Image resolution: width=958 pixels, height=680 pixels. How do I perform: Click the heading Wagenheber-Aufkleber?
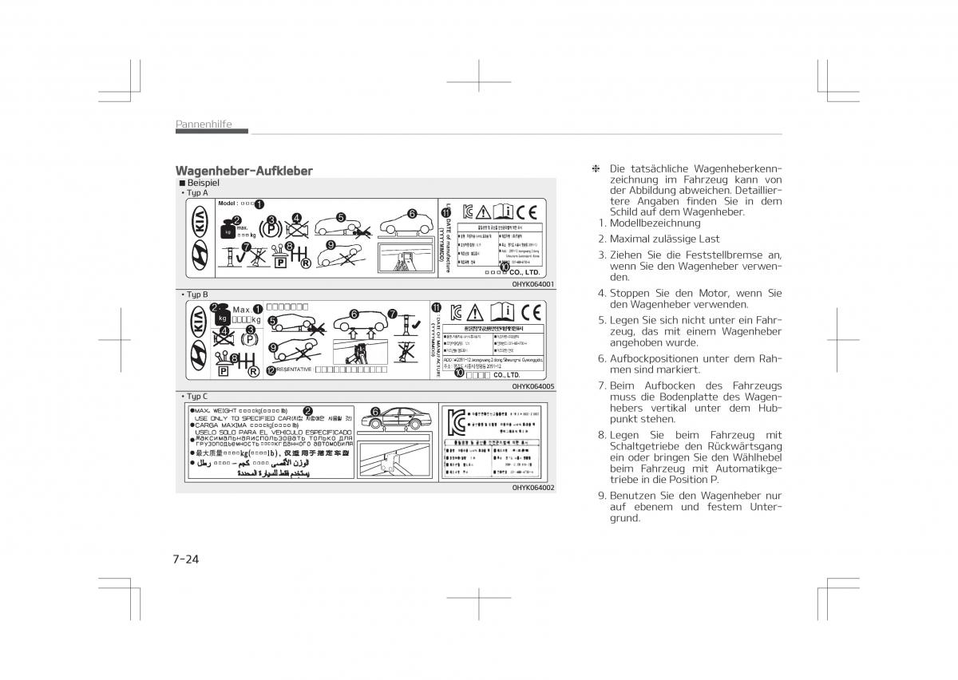pyautogui.click(x=243, y=171)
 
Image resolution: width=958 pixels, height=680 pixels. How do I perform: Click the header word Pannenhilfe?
pyautogui.click(x=204, y=124)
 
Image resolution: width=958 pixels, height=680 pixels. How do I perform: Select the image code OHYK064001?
pyautogui.click(x=533, y=284)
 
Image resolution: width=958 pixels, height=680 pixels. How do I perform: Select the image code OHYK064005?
pyautogui.click(x=533, y=386)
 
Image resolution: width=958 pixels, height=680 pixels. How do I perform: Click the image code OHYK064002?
pyautogui.click(x=533, y=487)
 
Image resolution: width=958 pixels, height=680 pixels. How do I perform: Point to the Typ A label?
pyautogui.click(x=196, y=193)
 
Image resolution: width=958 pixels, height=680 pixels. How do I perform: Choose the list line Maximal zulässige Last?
pyautogui.click(x=664, y=239)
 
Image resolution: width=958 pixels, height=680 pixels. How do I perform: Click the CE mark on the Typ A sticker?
pyautogui.click(x=526, y=212)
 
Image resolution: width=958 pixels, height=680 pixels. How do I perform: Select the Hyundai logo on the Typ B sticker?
pyautogui.click(x=199, y=356)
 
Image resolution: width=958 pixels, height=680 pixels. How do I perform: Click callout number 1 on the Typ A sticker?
pyautogui.click(x=259, y=204)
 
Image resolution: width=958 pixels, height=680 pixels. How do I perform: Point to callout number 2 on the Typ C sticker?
pyautogui.click(x=307, y=410)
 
